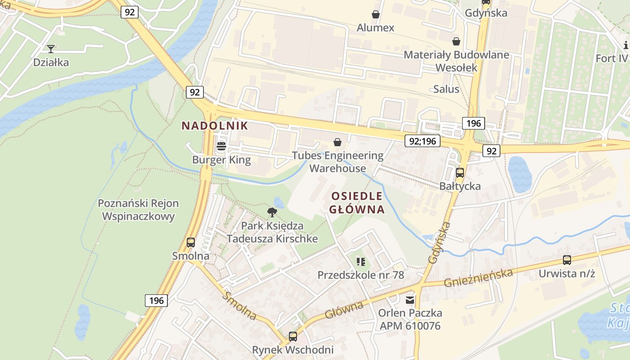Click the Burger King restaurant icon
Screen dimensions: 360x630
tap(221, 146)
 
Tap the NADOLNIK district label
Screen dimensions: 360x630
tap(215, 126)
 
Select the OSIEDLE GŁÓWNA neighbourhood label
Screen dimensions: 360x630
tap(357, 202)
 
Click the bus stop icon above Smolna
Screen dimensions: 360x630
tap(191, 243)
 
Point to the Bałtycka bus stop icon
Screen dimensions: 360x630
tap(460, 173)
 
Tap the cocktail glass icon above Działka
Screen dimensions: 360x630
tap(51, 49)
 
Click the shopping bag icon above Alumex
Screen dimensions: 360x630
tap(376, 14)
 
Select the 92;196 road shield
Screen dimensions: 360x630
tap(423, 141)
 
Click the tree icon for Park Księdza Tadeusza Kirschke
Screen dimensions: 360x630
tap(272, 212)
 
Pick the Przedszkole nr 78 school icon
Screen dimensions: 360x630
tap(360, 261)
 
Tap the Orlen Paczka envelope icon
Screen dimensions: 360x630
tap(410, 300)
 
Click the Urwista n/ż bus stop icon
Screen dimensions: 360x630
tap(567, 260)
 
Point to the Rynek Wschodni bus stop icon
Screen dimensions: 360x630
tap(293, 336)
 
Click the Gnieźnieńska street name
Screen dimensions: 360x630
tap(478, 278)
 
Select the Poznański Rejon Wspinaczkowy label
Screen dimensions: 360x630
tap(138, 210)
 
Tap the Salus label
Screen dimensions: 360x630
tap(446, 89)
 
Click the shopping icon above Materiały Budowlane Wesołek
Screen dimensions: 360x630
tap(456, 41)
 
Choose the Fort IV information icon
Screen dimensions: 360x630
tap(626, 45)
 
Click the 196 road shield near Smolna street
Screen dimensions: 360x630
tap(157, 300)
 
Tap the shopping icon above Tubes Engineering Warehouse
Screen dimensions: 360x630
tap(337, 143)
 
